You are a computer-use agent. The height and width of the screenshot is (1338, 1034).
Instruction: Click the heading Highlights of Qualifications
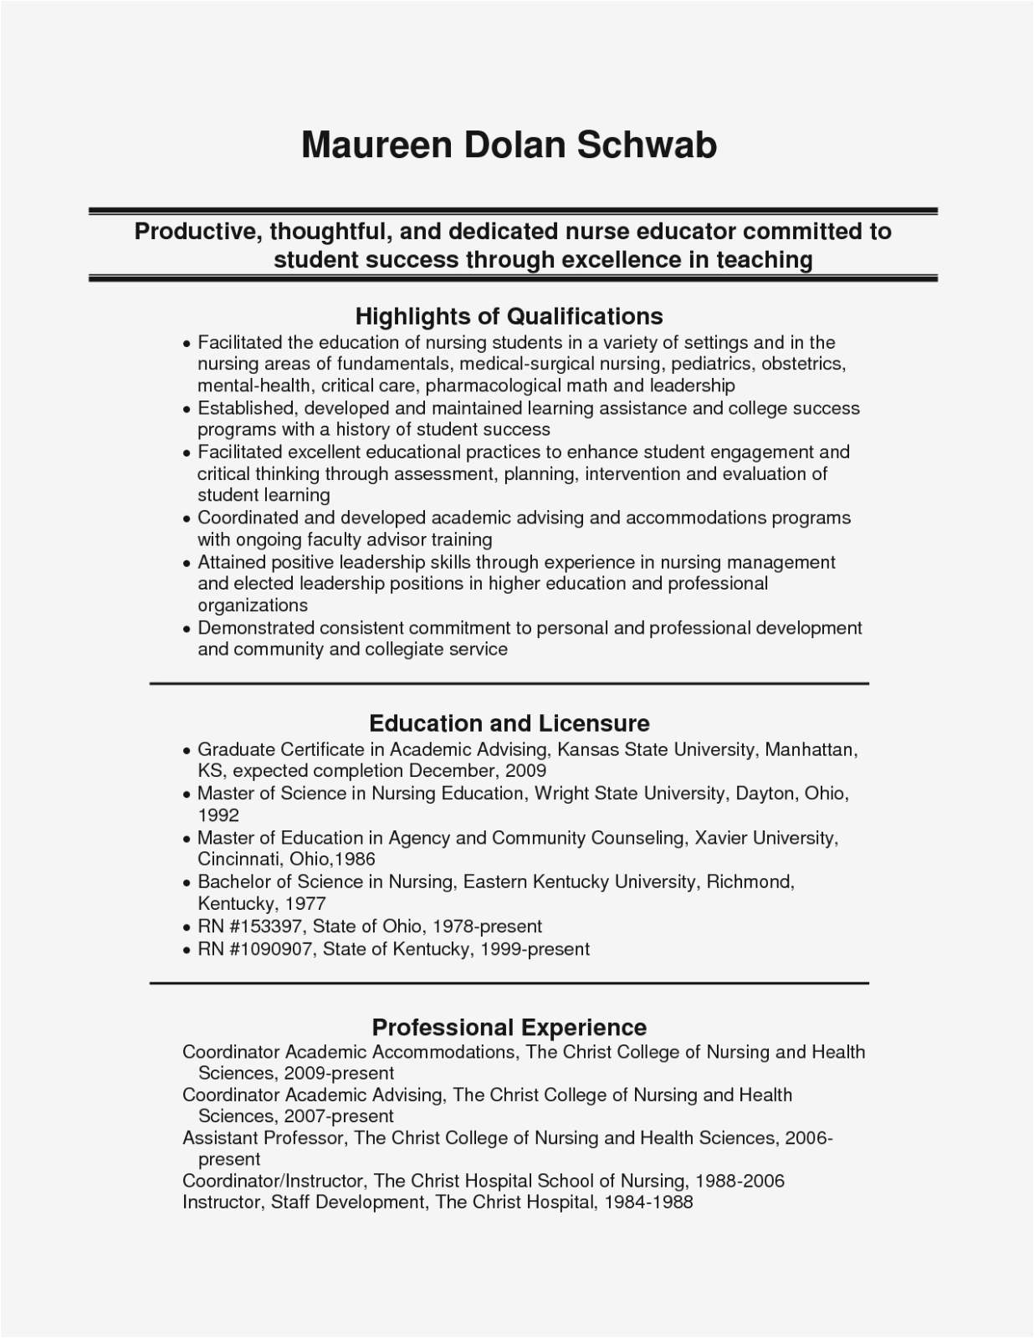pyautogui.click(x=509, y=316)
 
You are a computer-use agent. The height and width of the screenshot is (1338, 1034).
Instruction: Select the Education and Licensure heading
pyautogui.click(x=509, y=723)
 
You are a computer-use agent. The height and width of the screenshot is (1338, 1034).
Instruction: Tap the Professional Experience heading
pyautogui.click(x=509, y=1027)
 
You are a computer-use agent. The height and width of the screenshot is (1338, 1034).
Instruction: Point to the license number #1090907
pyautogui.click(x=271, y=949)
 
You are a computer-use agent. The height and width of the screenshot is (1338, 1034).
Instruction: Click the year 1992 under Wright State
pyautogui.click(x=218, y=815)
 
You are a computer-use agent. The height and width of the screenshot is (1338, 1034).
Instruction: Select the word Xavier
pyautogui.click(x=721, y=838)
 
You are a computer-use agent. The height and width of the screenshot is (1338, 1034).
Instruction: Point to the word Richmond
pyautogui.click(x=750, y=881)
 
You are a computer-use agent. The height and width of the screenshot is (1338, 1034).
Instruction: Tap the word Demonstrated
pyautogui.click(x=255, y=628)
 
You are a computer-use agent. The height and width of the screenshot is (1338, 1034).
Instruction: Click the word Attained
pyautogui.click(x=231, y=563)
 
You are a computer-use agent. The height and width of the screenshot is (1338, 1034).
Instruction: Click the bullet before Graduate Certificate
pyautogui.click(x=187, y=751)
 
